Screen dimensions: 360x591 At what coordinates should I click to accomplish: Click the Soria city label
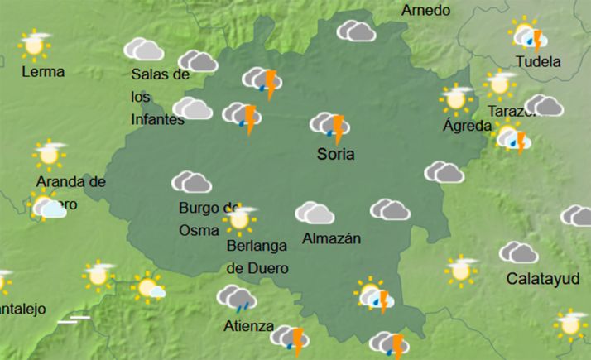[336, 154]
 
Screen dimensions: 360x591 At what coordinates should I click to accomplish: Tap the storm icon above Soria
[331, 127]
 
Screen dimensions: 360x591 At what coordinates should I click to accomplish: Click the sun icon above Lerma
[34, 46]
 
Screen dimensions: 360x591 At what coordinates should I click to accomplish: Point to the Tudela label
[538, 61]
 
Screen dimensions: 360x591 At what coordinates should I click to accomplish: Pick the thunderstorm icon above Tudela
[527, 36]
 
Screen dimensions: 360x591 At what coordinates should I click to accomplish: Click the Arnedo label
[425, 10]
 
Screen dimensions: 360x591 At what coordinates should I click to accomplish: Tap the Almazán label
[332, 238]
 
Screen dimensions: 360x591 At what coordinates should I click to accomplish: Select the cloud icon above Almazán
[315, 213]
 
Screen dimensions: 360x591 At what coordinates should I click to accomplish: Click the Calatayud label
[543, 277]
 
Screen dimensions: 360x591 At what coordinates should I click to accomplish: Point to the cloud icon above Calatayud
[519, 252]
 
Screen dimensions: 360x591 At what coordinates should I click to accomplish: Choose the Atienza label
[248, 325]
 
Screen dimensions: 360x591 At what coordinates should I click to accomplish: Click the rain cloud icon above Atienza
[236, 297]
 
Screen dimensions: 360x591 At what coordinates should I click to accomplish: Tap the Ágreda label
[467, 126]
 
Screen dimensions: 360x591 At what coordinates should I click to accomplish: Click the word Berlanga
[256, 245]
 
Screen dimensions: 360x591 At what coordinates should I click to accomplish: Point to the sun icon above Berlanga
[240, 219]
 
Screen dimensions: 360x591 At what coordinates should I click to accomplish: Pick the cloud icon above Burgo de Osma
[191, 182]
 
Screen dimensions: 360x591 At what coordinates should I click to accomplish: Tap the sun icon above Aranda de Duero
[50, 153]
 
